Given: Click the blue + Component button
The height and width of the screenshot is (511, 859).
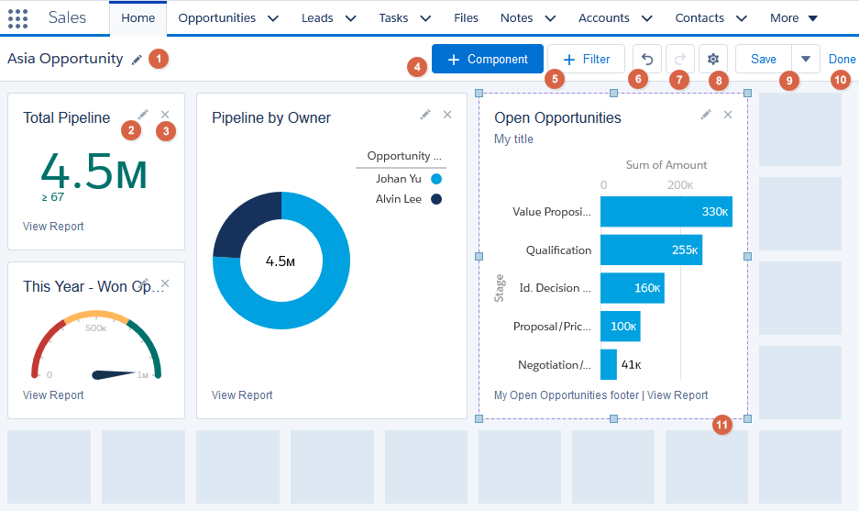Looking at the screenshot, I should tap(487, 60).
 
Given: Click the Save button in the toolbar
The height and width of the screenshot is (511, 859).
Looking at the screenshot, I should tap(763, 60).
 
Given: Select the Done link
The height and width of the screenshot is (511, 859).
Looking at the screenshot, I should tap(842, 60).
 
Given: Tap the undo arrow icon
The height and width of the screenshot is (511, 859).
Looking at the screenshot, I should tap(646, 60).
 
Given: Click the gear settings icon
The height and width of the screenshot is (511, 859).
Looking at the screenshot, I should tap(712, 60).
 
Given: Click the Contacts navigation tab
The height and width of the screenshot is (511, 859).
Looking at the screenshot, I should tap(699, 18).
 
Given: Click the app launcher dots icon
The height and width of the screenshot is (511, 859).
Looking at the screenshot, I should tap(17, 18).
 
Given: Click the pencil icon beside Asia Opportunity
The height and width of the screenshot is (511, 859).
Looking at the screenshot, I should tap(137, 60).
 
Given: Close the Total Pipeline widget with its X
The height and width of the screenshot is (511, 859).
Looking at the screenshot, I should tap(165, 115).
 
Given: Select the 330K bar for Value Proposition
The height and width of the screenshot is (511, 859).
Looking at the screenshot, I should tap(666, 212).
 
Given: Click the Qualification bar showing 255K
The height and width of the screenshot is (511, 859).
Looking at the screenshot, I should tap(651, 250).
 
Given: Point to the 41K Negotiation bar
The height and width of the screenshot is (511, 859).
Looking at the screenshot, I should tap(609, 364).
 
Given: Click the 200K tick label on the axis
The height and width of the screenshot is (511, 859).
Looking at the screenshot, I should tap(679, 185).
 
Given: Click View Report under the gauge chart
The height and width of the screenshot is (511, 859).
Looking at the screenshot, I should tap(53, 395).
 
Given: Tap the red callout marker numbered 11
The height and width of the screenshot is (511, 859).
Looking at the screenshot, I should tap(722, 425).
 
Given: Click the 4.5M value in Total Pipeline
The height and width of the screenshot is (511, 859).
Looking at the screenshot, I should tap(94, 172).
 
